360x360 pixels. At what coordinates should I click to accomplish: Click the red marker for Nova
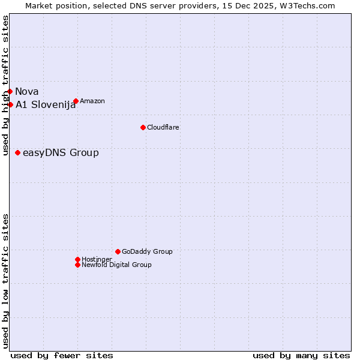point(10,92)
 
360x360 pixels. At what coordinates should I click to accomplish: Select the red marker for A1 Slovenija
point(10,105)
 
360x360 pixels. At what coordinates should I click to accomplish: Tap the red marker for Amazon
point(76,101)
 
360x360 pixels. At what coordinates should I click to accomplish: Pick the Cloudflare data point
point(143,127)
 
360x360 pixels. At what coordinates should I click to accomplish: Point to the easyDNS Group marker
point(18,153)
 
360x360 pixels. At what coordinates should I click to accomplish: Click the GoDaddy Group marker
point(118,252)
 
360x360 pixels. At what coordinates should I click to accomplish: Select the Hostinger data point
point(77,259)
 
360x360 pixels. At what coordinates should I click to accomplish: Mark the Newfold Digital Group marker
point(77,265)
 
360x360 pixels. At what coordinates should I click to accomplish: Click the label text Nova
point(27,92)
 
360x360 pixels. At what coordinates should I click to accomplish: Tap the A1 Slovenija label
point(46,105)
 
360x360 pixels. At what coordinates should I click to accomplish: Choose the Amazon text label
point(92,101)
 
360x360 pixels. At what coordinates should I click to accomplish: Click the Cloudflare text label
point(163,127)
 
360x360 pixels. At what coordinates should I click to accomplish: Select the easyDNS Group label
point(61,153)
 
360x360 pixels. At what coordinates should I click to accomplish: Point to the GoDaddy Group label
point(147,252)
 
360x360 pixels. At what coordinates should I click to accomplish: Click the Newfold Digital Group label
point(117,265)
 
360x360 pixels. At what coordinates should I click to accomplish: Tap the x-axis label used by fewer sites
point(62,355)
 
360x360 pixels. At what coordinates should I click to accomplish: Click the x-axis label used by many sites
point(301,355)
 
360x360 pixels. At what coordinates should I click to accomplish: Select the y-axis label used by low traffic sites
point(6,281)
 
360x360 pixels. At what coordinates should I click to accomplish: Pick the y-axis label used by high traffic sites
point(6,85)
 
